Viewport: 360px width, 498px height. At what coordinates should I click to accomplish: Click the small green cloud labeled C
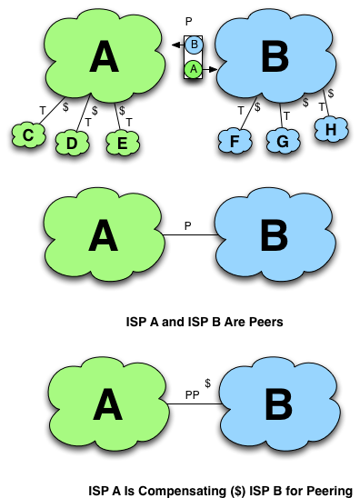(29, 135)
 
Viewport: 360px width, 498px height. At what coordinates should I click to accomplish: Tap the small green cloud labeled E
(116, 143)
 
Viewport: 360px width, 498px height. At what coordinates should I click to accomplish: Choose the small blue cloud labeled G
(282, 141)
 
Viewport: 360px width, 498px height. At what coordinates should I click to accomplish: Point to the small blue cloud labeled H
(330, 131)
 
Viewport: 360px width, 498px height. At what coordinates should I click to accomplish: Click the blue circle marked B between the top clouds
(193, 45)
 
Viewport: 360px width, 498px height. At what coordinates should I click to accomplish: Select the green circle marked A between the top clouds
(193, 68)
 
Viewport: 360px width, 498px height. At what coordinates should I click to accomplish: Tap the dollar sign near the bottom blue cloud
(207, 384)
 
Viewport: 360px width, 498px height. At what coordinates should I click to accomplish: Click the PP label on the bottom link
(192, 393)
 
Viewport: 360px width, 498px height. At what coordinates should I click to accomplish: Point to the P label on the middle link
(187, 222)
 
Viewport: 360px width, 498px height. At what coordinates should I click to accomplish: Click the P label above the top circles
(189, 21)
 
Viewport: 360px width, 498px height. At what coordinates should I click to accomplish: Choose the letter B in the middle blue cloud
(274, 235)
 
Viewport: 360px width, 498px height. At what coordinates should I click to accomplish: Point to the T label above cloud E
(128, 121)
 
